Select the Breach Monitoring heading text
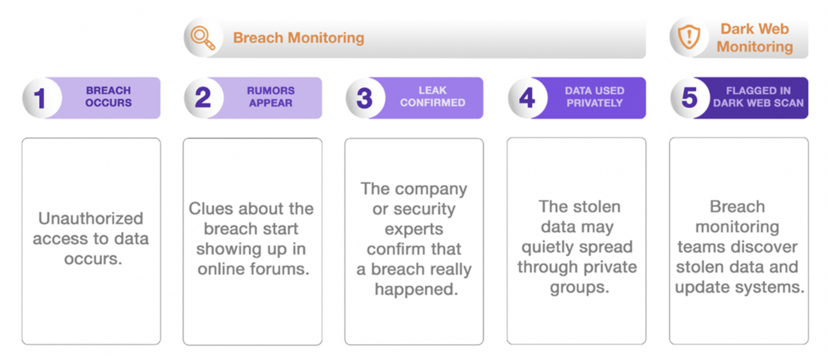(299, 38)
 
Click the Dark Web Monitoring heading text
(754, 38)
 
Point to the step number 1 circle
(41, 98)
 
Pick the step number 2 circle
(203, 98)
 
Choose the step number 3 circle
(365, 98)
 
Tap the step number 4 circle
(527, 98)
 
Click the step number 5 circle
(689, 98)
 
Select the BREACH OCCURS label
(108, 97)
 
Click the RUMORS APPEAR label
(271, 97)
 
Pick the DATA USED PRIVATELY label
(594, 97)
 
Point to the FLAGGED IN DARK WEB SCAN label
(758, 97)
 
